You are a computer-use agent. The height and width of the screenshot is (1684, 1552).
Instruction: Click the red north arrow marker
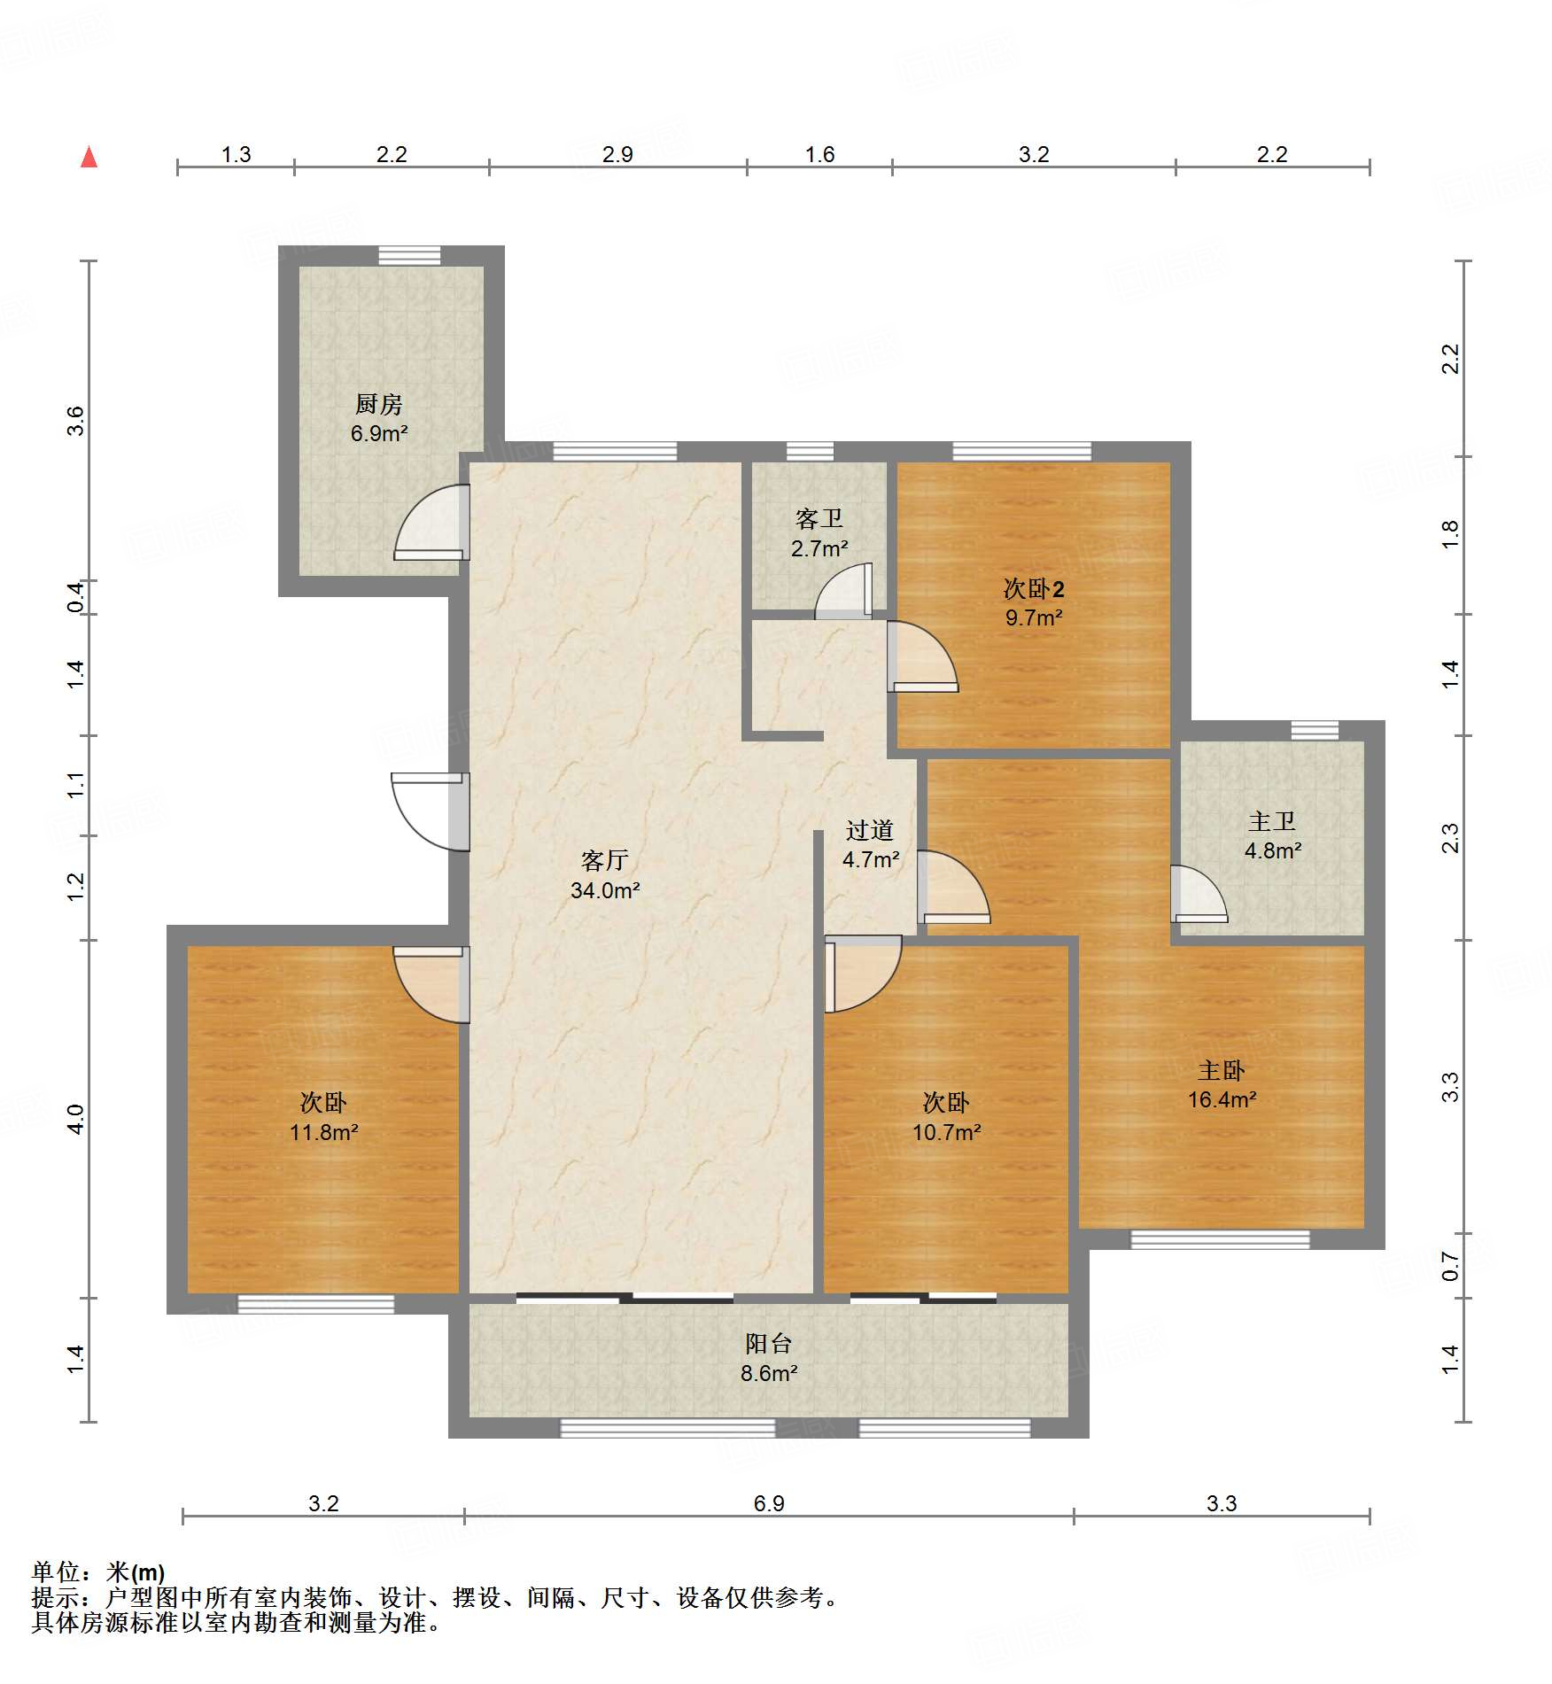[x=89, y=157]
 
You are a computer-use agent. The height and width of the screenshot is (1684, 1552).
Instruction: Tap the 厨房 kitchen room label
[x=379, y=405]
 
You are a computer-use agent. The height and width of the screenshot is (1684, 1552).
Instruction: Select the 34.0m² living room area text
[x=605, y=890]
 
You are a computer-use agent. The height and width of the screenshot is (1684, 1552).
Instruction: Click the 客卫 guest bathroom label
[x=819, y=518]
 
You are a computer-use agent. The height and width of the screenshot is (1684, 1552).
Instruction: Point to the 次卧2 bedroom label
[x=1034, y=588]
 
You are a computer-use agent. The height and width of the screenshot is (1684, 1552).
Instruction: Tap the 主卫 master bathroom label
[x=1272, y=821]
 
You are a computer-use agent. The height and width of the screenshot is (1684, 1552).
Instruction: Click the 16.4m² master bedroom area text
[x=1222, y=1099]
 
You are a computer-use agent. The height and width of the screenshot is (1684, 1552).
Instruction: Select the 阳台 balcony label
[x=768, y=1343]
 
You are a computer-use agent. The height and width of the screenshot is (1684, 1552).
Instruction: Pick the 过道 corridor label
[x=870, y=830]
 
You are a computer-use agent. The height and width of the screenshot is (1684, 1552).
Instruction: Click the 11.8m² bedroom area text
[x=324, y=1132]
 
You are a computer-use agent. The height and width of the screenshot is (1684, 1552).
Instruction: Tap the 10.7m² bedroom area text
[x=947, y=1132]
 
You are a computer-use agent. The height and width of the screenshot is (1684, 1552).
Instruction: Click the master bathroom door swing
[x=1199, y=894]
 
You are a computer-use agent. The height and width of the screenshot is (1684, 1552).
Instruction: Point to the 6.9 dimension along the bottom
[x=769, y=1503]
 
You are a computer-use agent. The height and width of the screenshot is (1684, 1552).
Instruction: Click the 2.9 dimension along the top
[x=617, y=154]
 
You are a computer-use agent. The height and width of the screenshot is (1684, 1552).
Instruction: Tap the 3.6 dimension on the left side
[x=75, y=420]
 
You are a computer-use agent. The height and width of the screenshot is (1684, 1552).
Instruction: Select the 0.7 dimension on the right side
[x=1450, y=1266]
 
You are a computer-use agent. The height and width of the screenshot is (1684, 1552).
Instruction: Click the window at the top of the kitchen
[x=409, y=255]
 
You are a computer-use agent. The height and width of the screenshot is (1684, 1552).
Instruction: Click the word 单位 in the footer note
[x=56, y=1572]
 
